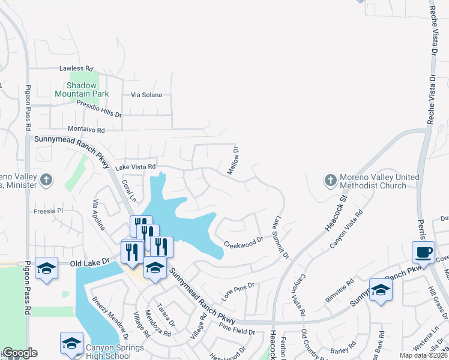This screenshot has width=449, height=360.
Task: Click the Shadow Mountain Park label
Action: coord(82,89)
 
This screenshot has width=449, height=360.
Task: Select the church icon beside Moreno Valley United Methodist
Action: coord(330,180)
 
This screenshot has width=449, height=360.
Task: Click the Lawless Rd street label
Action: coord(76,69)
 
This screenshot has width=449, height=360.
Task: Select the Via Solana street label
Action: coord(147,95)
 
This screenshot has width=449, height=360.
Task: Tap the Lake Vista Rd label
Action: coord(136,167)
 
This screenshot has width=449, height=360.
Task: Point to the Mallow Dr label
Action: coord(233,161)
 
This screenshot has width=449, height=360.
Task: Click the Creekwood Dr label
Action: coord(244,242)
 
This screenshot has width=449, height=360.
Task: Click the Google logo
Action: coord(19,353)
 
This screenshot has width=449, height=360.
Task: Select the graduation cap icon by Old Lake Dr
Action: coord(46,268)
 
